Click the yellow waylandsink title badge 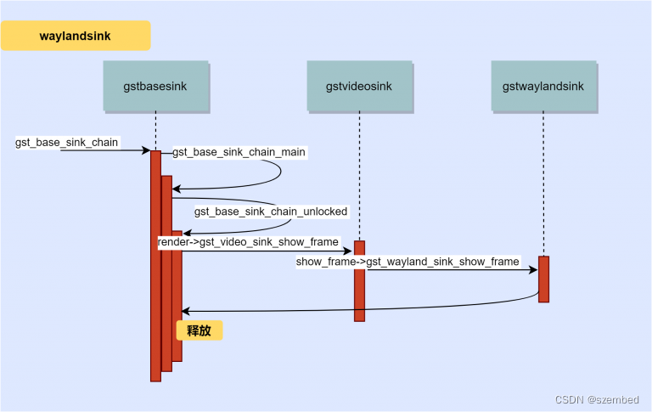[75, 37]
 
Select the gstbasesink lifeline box [155, 86]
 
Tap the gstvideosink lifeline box [359, 86]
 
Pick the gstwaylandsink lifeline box [542, 86]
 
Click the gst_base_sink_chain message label [67, 142]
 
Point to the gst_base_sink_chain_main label [239, 152]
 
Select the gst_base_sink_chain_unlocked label [271, 211]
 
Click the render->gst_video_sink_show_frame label [248, 242]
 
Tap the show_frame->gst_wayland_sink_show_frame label [407, 262]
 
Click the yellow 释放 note [200, 330]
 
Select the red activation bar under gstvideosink [359, 280]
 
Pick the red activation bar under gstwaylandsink [543, 279]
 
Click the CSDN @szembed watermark [596, 398]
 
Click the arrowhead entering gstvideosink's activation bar [349, 251]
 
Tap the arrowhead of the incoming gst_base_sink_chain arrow [146, 151]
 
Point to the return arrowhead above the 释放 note [186, 311]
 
